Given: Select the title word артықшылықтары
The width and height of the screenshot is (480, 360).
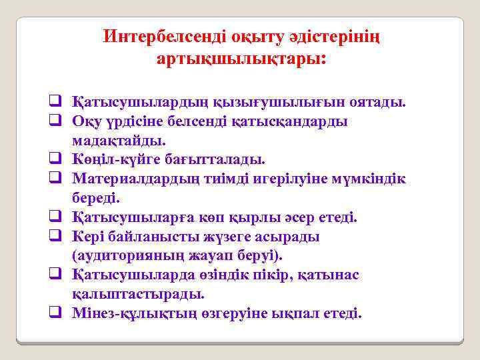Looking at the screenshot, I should click(x=240, y=59).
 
